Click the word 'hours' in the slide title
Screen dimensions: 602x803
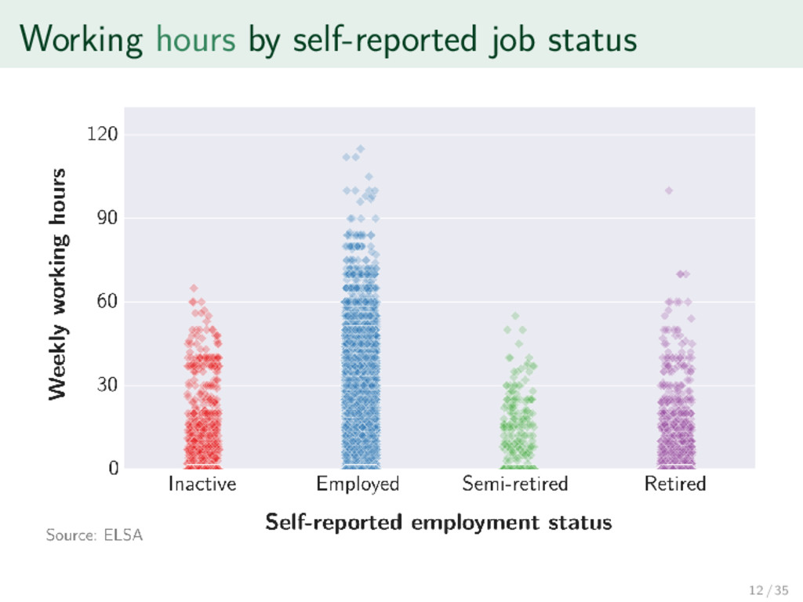coord(196,39)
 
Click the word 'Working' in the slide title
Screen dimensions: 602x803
coord(82,39)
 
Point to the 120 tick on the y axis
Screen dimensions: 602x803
coord(104,135)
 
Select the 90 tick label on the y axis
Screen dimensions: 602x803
coord(107,218)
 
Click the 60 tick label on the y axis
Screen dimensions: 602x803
coord(107,302)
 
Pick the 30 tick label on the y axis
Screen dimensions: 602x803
coord(107,385)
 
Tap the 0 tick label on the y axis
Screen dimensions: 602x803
coord(113,469)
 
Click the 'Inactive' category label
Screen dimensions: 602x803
coord(202,484)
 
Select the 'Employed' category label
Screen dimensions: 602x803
coord(358,484)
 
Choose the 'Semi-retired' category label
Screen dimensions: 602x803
coord(515,484)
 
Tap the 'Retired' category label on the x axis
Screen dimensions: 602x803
coord(675,484)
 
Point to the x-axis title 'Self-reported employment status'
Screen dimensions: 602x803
coord(438,522)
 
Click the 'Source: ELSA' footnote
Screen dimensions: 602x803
coord(94,536)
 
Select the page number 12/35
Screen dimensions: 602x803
coord(769,590)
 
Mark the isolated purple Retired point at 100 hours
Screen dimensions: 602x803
coord(669,190)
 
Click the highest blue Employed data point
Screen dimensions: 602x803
coord(360,149)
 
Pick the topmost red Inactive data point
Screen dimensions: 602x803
coord(194,288)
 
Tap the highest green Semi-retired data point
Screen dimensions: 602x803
coord(515,316)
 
